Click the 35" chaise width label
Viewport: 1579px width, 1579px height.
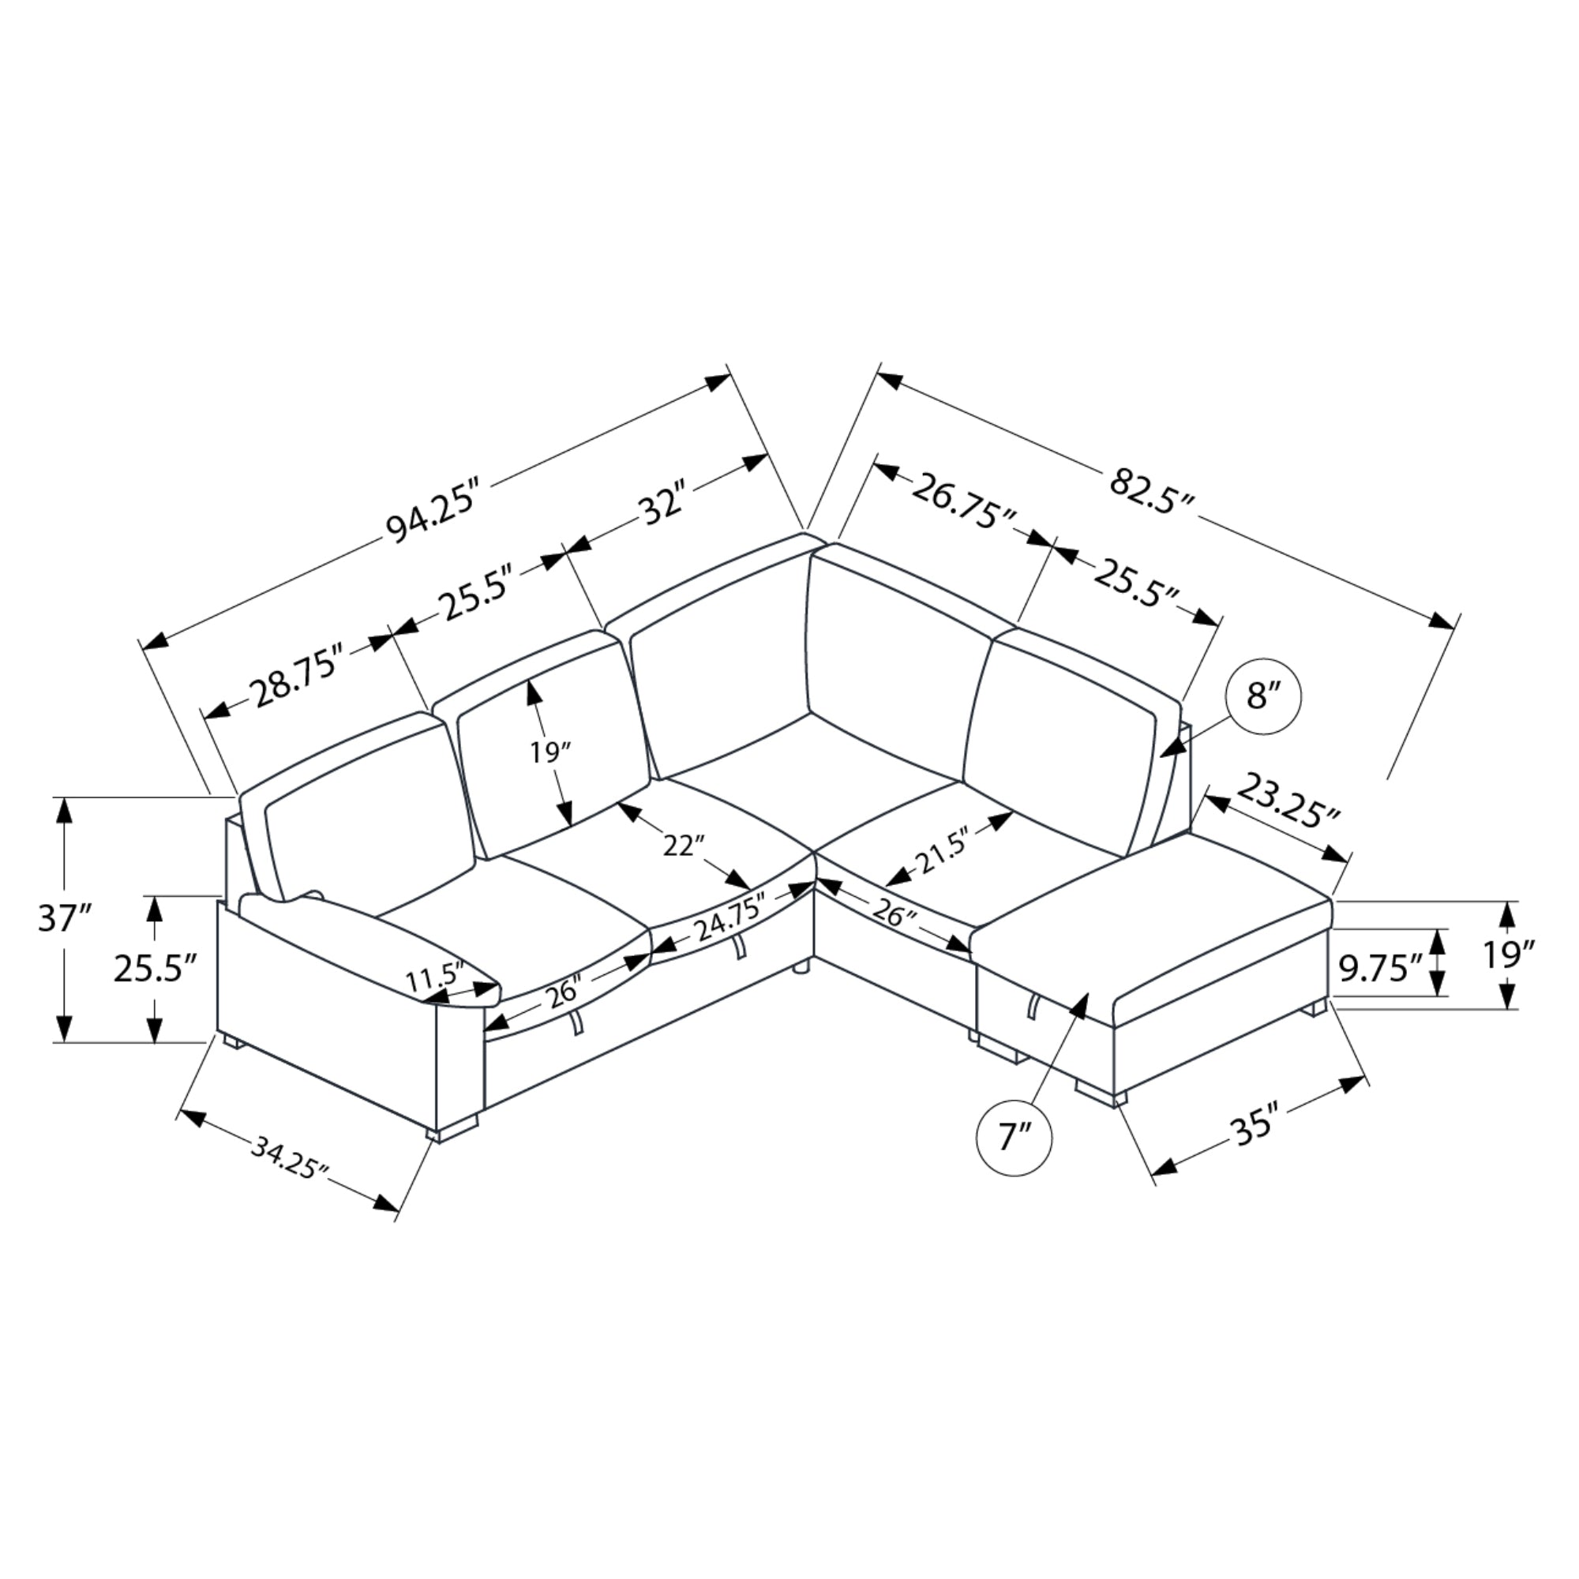[x=1255, y=1128]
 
